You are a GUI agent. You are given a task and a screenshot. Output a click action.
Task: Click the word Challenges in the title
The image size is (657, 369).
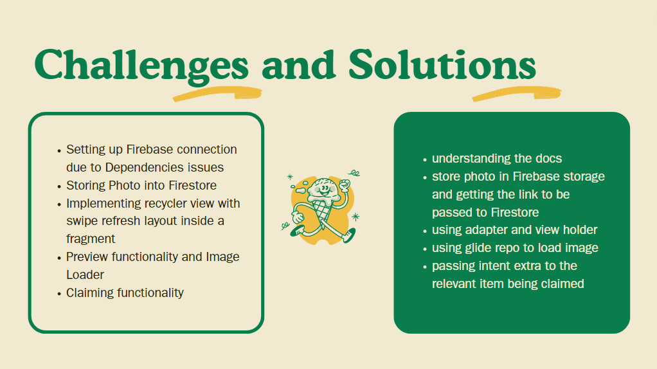(141, 66)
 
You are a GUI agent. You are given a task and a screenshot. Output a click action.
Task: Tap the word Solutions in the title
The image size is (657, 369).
(442, 64)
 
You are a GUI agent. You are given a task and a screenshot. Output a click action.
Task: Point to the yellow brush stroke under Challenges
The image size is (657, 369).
(217, 94)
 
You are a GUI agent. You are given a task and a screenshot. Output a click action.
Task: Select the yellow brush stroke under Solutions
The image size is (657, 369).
(517, 94)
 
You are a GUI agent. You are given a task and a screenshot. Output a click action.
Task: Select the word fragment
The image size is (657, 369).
(91, 239)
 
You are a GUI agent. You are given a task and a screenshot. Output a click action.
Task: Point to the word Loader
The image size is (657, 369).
(85, 274)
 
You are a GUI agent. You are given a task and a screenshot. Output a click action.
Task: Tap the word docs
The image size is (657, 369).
(548, 158)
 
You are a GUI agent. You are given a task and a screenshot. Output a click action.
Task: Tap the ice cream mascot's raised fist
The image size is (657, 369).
(345, 184)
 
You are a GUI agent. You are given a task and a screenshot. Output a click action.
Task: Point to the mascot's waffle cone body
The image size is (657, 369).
(322, 208)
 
